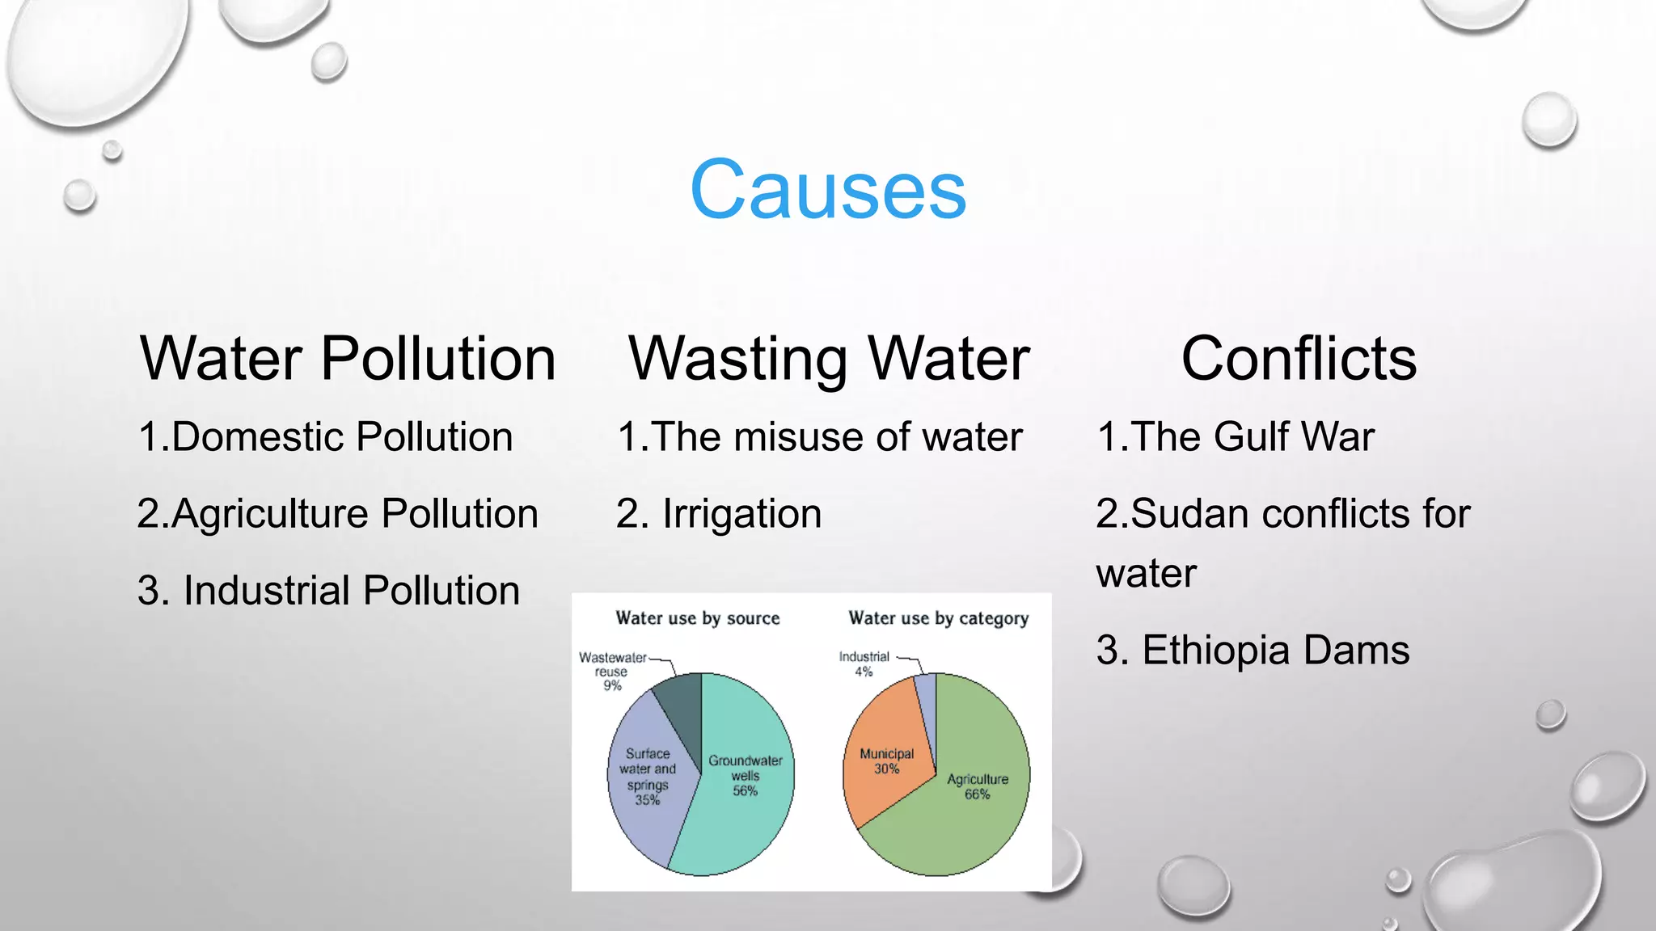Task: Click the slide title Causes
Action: [828, 190]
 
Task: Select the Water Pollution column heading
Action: [348, 358]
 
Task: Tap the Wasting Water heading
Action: [829, 358]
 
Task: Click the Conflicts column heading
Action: [1299, 358]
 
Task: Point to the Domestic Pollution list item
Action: [326, 437]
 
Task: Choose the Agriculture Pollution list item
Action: [338, 514]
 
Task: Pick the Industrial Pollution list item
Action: [328, 591]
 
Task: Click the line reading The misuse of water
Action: [820, 437]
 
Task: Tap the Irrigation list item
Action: [719, 514]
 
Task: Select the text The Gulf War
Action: [1236, 437]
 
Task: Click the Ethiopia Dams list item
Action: [1253, 651]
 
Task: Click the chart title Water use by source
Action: [698, 618]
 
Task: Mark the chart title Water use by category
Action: [938, 618]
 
